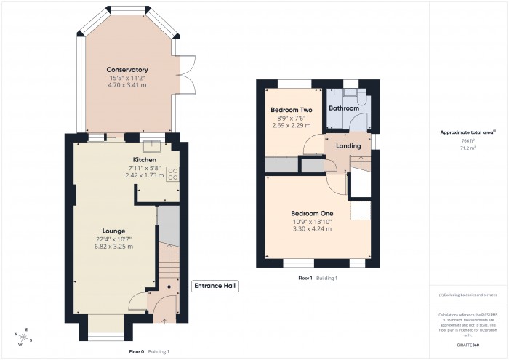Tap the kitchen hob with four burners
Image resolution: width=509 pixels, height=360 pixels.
[174, 174]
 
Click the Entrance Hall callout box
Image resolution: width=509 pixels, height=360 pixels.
[215, 287]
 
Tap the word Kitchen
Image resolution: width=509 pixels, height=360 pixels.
[145, 159]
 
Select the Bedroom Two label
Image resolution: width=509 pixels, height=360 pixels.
[286, 109]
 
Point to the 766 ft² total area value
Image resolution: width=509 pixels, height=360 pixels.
[468, 140]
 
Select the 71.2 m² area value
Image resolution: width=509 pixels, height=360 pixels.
[468, 148]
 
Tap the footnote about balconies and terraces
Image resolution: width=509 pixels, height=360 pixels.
[468, 295]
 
